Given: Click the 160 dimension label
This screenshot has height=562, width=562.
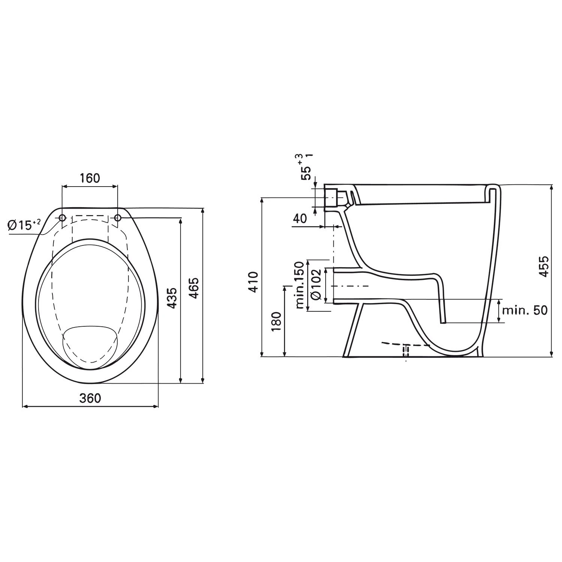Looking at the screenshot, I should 90,178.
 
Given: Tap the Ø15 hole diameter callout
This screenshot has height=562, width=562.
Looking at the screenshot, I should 24,225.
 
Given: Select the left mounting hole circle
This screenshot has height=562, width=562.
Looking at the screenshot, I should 62,218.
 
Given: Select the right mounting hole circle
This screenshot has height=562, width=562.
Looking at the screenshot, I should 118,218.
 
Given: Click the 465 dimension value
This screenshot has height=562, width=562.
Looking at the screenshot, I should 194,288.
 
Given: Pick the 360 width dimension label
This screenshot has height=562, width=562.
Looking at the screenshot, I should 90,398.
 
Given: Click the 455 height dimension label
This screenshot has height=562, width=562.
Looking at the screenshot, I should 544,266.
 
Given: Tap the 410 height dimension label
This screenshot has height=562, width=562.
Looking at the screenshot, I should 254,282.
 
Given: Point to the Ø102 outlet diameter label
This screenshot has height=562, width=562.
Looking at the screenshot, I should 316,284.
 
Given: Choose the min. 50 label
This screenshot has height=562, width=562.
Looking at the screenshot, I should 525,310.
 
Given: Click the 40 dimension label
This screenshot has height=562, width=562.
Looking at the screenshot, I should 300,218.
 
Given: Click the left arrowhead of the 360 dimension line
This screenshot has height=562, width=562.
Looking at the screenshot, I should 25,406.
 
